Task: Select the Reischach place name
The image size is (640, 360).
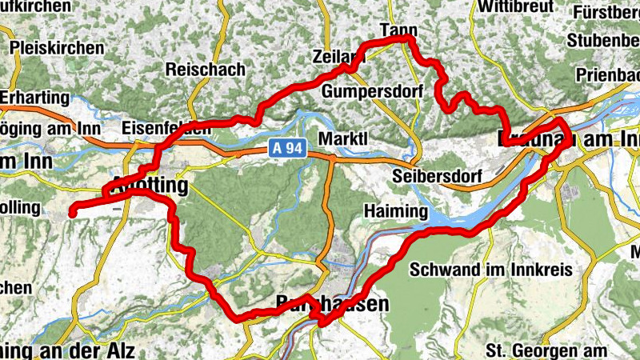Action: pos(205,70)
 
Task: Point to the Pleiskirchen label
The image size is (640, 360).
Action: pos(57,48)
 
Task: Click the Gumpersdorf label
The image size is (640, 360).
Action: pos(371,91)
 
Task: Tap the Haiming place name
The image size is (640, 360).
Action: pos(395,210)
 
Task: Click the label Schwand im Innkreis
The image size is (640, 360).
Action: pos(490,270)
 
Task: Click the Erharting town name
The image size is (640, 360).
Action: pos(35,97)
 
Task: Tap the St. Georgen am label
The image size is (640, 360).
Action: pos(546,350)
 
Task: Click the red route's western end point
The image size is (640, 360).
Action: pos(71,213)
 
